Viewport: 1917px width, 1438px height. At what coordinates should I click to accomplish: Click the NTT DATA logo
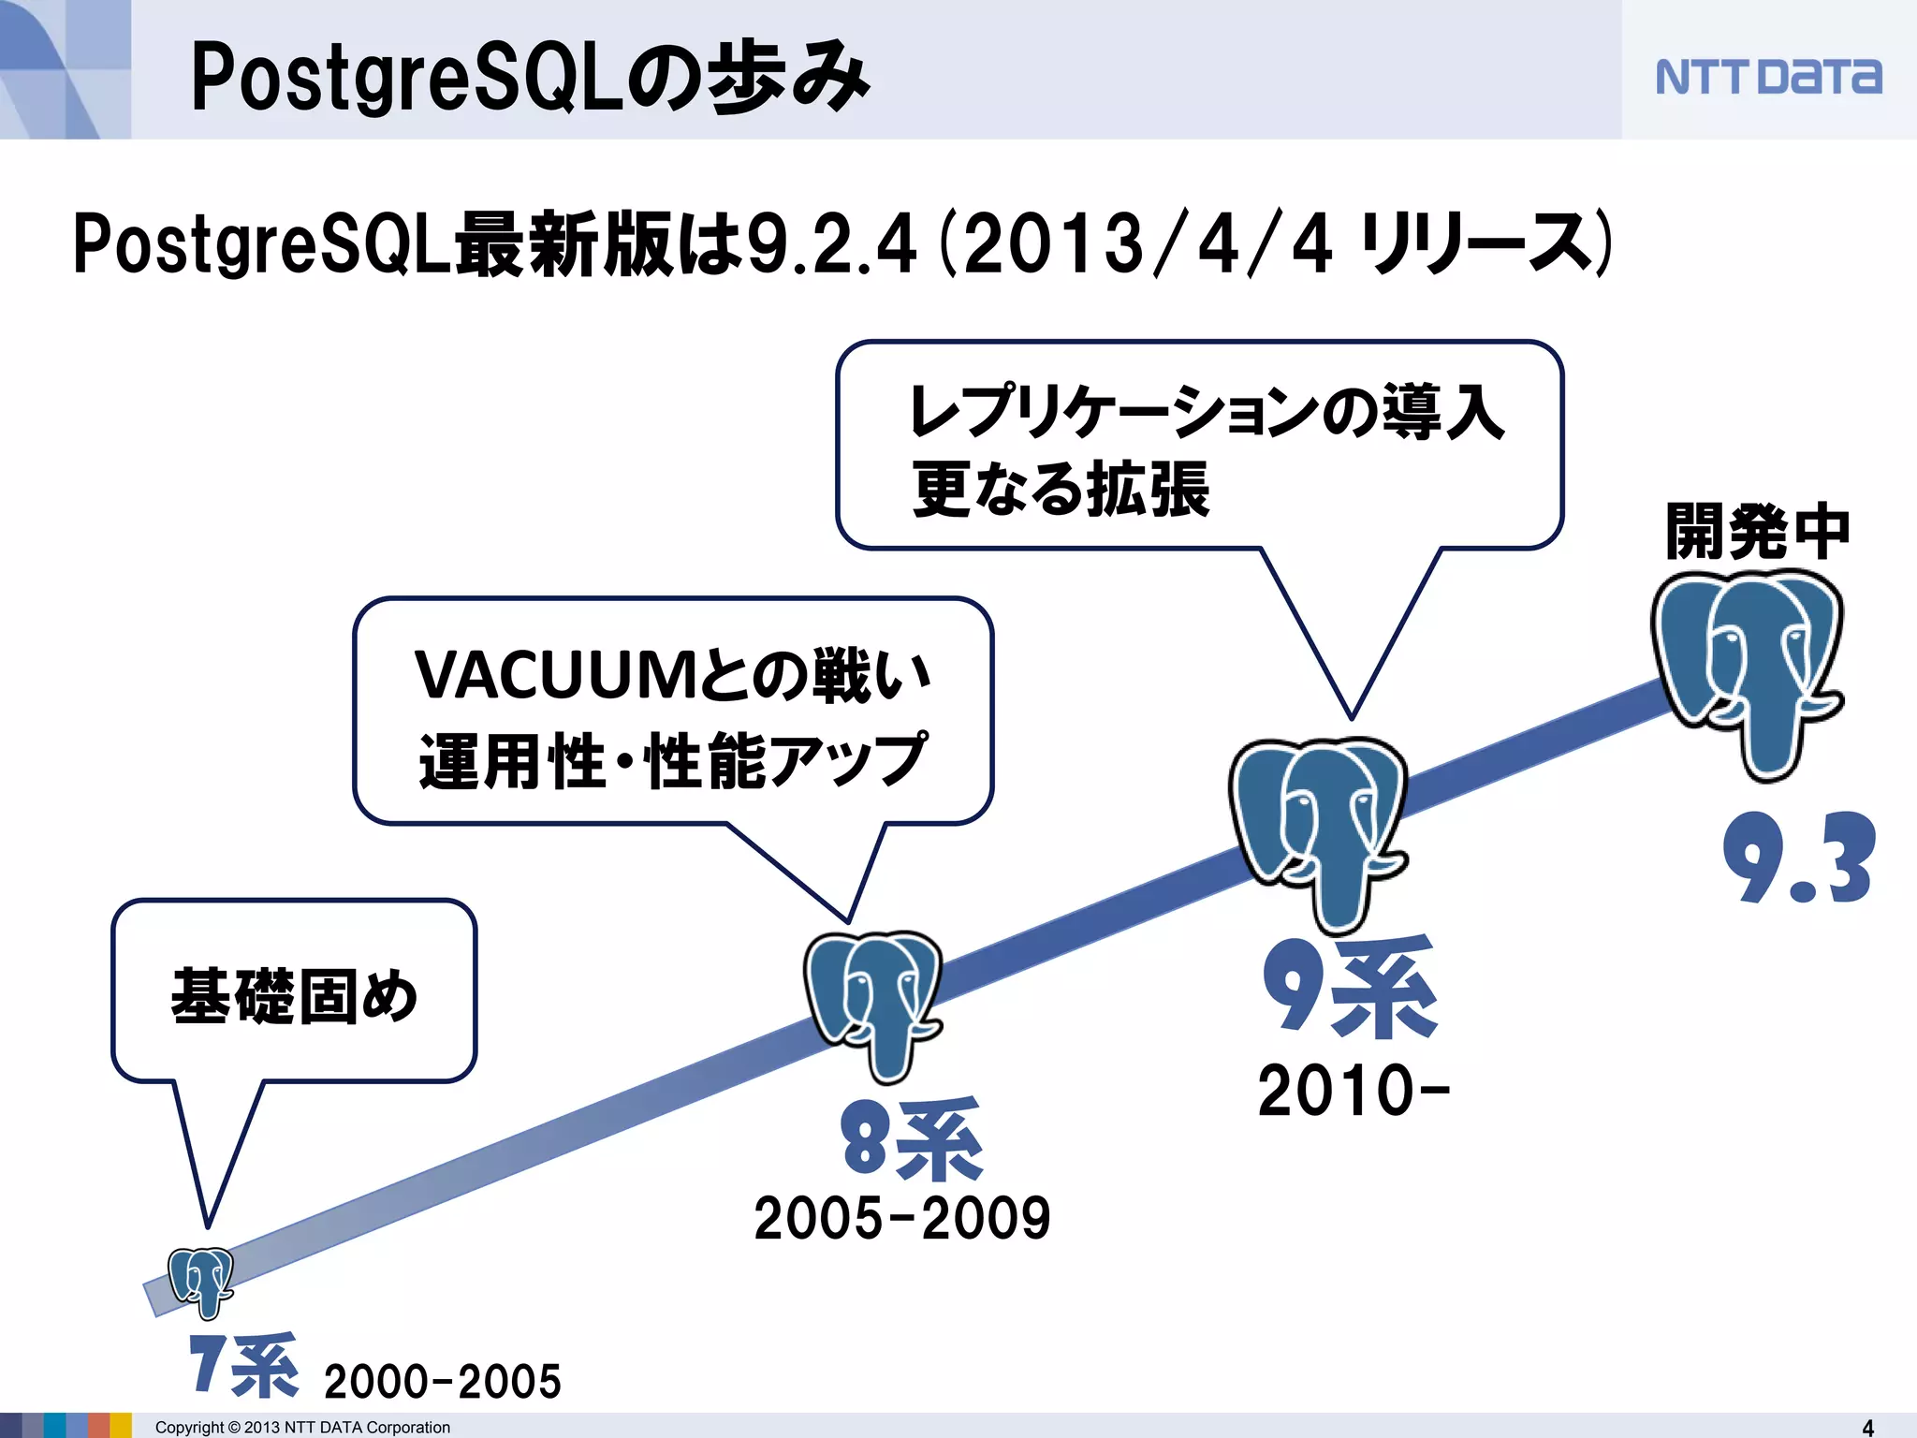[x=1767, y=77]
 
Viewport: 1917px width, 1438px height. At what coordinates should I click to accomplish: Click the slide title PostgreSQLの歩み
[x=530, y=77]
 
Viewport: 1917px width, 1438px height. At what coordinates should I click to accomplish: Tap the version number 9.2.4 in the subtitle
[x=831, y=245]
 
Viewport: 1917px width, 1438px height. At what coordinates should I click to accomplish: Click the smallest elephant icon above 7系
[x=200, y=1281]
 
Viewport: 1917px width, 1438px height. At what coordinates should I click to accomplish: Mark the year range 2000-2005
[x=442, y=1382]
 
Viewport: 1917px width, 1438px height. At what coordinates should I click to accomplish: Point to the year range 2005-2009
[x=902, y=1219]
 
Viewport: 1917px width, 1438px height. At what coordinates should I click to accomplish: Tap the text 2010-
[x=1354, y=1092]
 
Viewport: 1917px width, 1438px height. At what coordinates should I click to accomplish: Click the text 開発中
[x=1758, y=532]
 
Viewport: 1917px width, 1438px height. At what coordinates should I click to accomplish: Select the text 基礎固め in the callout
[x=294, y=996]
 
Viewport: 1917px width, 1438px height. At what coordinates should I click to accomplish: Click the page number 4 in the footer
[x=1868, y=1427]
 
